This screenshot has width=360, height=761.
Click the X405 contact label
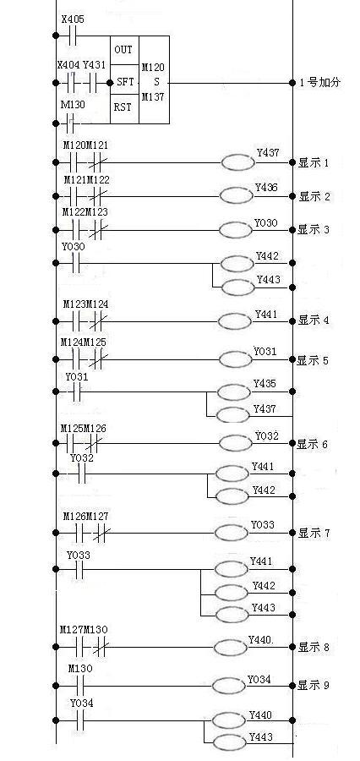[73, 20]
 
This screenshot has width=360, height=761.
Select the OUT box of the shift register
[125, 50]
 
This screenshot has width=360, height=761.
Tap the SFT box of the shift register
[125, 83]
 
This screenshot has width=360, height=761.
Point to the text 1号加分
[320, 83]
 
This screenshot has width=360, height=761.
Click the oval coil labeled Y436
[237, 195]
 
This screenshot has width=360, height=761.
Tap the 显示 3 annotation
[314, 229]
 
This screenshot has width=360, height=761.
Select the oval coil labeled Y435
[234, 392]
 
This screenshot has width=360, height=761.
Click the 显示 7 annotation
[314, 533]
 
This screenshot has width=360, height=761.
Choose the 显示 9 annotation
[314, 685]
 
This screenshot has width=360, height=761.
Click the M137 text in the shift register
[153, 97]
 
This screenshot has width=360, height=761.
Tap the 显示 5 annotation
[313, 360]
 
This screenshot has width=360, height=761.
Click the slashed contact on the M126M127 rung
[101, 534]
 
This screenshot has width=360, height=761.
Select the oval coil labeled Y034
[229, 686]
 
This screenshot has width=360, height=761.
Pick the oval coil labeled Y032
[236, 442]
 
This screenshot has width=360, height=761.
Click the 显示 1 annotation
[314, 163]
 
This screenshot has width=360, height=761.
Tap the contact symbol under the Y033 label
[79, 570]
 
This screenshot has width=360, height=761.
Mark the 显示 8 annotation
[314, 647]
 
